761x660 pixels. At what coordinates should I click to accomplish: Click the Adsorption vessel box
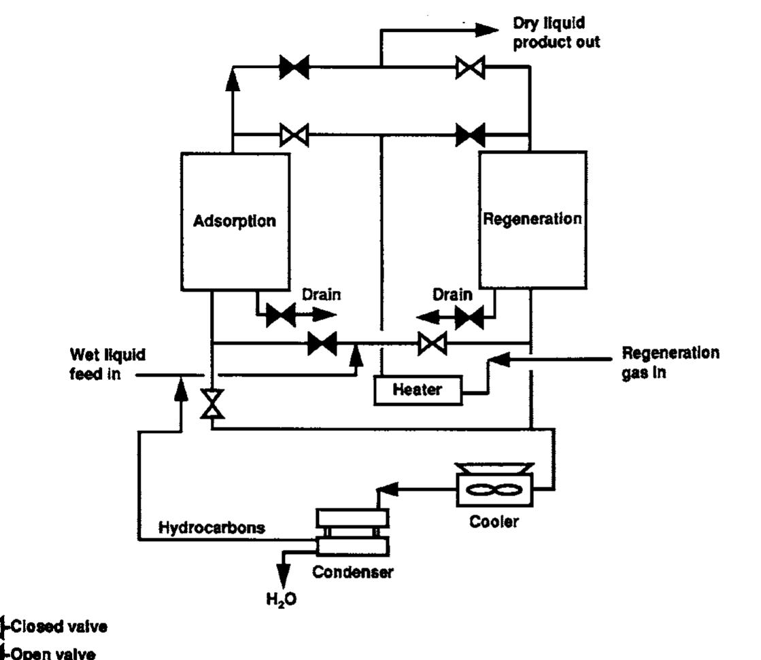(235, 221)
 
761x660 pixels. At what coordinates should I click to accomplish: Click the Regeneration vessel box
(532, 220)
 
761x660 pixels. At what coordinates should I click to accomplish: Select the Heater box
(417, 390)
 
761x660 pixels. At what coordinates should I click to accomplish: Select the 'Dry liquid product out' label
(556, 33)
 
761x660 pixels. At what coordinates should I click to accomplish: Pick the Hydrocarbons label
(212, 528)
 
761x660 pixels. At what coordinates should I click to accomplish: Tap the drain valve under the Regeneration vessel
(469, 315)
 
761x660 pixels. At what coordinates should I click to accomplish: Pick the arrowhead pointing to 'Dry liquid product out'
(486, 29)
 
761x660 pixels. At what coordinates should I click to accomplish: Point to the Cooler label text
(494, 522)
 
